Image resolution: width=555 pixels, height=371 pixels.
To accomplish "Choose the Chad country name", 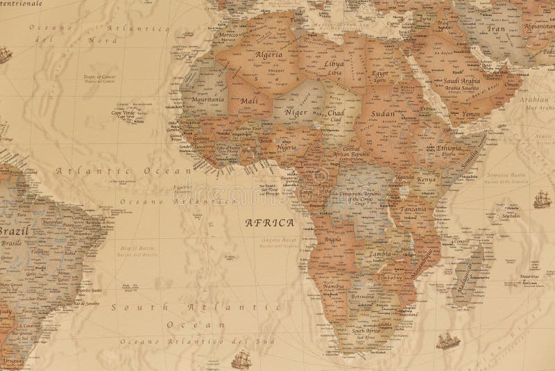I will pos(335,112).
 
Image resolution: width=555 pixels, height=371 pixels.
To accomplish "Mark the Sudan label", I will pos(383,113).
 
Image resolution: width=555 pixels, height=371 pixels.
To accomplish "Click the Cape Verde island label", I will pos(126,112).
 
